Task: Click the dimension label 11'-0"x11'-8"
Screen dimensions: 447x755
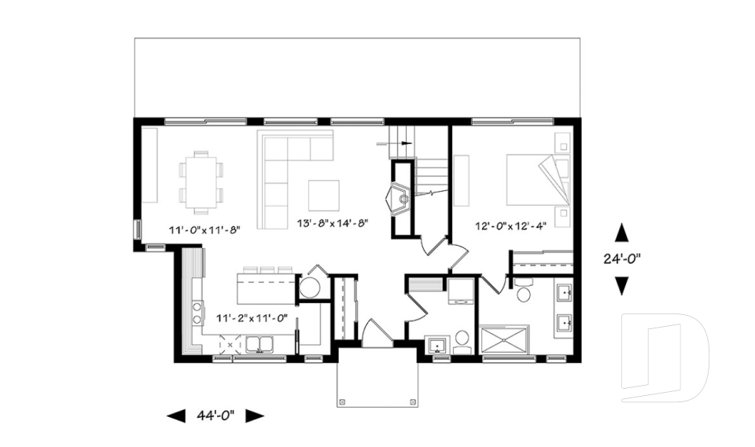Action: pyautogui.click(x=204, y=230)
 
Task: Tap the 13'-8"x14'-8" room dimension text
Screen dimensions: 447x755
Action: pyautogui.click(x=333, y=224)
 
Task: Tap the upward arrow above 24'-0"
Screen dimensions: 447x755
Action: pyautogui.click(x=621, y=232)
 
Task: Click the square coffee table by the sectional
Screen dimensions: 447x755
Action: pyautogui.click(x=323, y=196)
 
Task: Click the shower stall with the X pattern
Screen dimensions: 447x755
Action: pyautogui.click(x=507, y=342)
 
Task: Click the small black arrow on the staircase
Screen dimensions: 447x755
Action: pyautogui.click(x=406, y=143)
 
